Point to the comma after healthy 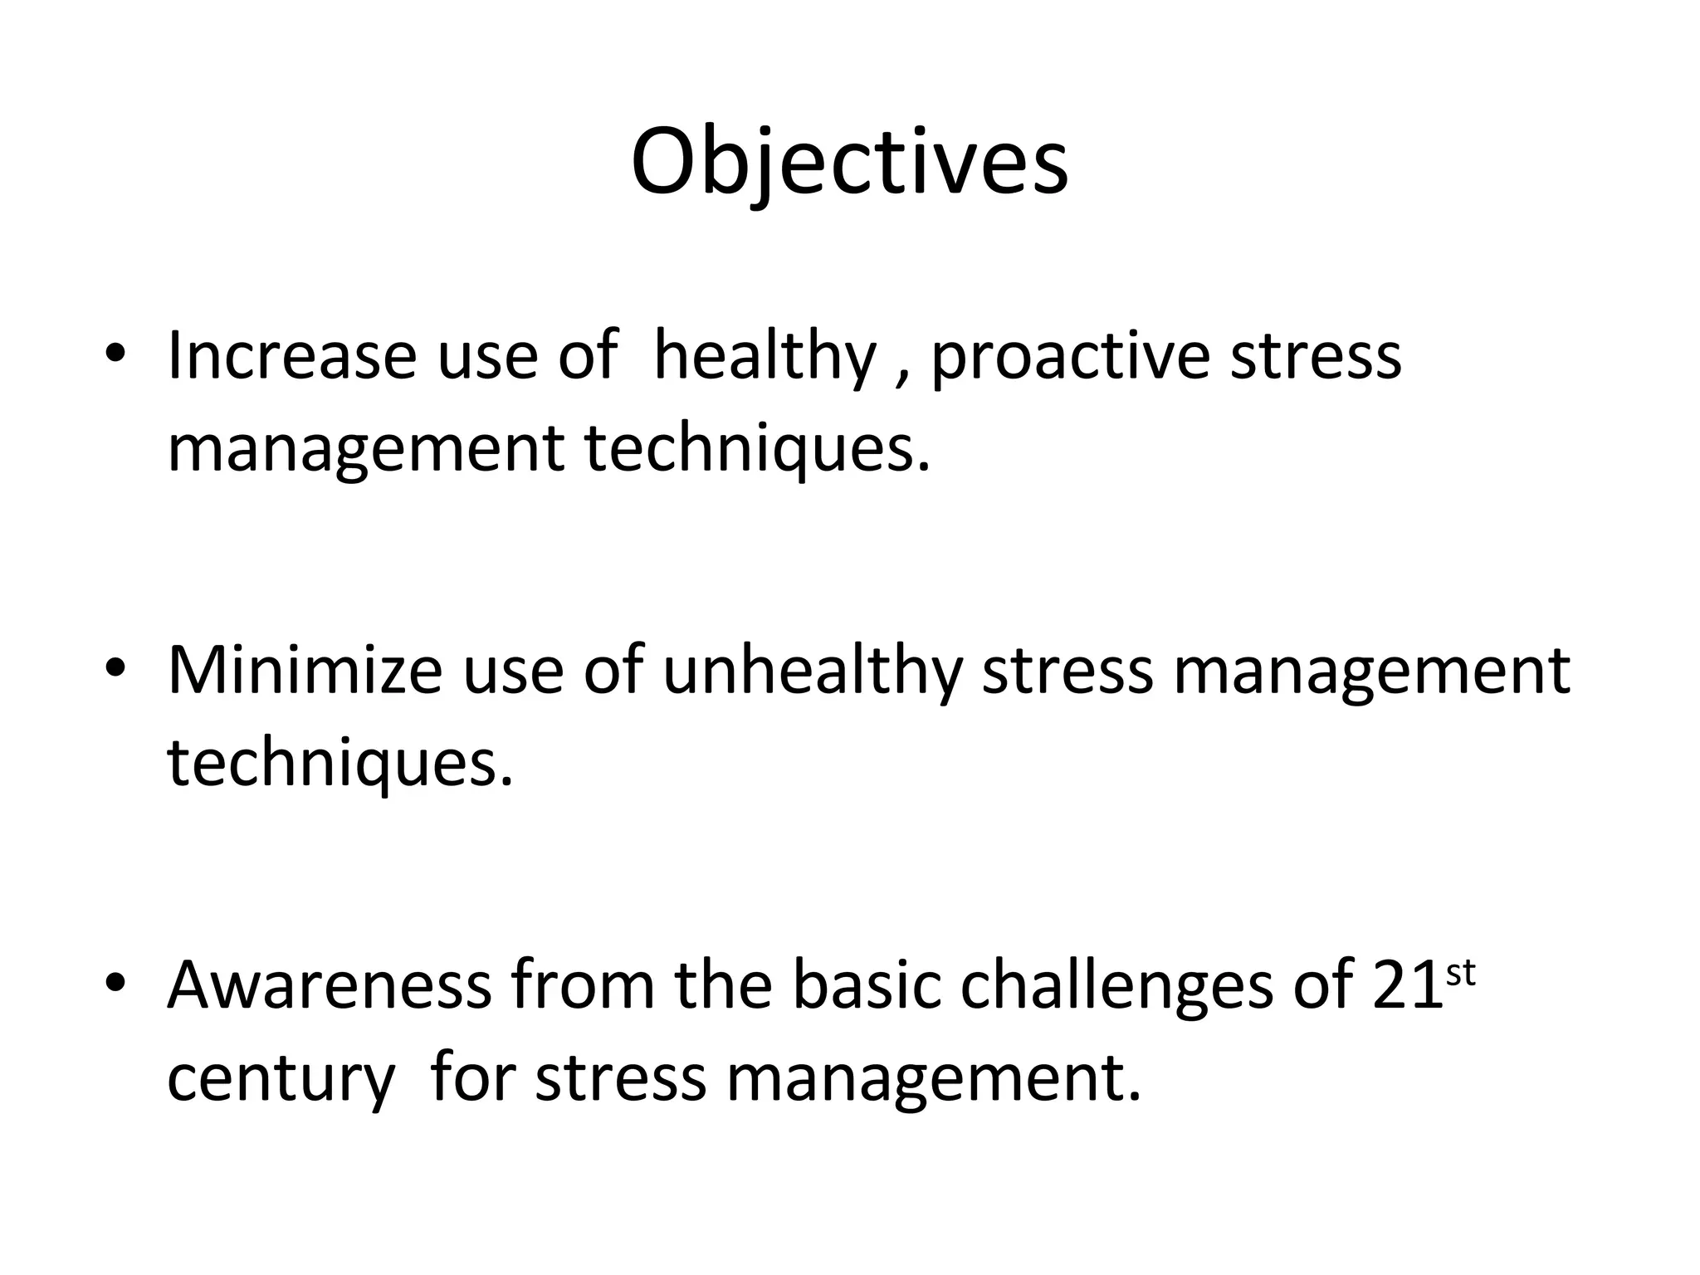pos(901,375)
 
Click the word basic pos(867,985)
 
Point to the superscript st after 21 pos(1460,973)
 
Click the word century pos(281,1079)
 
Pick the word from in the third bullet pos(582,985)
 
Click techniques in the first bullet pos(757,448)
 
